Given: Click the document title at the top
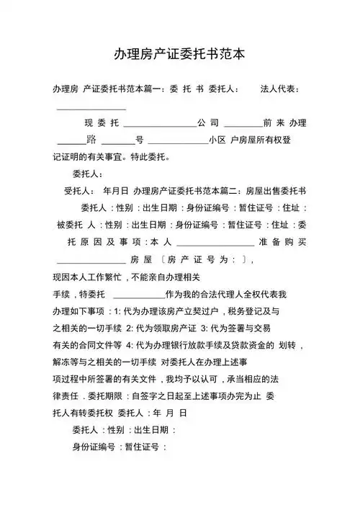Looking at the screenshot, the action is (180, 54).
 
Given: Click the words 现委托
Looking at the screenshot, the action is (101, 122).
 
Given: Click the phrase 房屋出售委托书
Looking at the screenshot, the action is (276, 191).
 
